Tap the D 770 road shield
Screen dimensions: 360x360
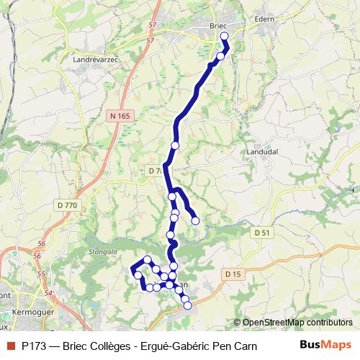coord(66,205)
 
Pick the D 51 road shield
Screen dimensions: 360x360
coord(261,233)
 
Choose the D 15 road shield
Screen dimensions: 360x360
coord(232,274)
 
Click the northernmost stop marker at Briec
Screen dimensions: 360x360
coord(224,35)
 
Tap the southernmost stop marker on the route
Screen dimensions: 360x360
coord(188,305)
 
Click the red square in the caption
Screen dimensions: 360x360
coord(10,345)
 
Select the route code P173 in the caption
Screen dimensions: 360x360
coord(34,345)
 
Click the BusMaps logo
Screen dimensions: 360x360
coord(325,344)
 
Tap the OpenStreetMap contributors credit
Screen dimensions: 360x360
coord(297,323)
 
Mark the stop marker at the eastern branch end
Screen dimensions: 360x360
coord(195,220)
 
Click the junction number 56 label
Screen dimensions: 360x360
coord(40,245)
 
